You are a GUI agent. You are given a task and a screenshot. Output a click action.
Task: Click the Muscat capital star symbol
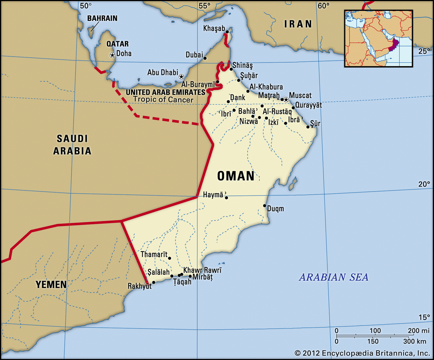pyautogui.click(x=286, y=100)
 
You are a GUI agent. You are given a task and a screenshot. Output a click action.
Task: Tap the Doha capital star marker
pyautogui.click(x=112, y=55)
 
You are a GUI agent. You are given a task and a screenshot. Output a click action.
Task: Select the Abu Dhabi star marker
pyautogui.click(x=181, y=77)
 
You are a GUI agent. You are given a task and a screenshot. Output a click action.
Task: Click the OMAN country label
pyautogui.click(x=236, y=176)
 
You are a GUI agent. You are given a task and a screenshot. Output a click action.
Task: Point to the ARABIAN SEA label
pyautogui.click(x=334, y=277)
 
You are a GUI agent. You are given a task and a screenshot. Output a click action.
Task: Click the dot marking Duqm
pyautogui.click(x=264, y=206)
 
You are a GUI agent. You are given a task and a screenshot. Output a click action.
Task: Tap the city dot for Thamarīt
pyautogui.click(x=170, y=258)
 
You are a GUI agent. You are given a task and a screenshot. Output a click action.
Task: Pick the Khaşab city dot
pyautogui.click(x=227, y=32)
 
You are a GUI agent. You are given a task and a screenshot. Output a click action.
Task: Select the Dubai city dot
pyautogui.click(x=205, y=58)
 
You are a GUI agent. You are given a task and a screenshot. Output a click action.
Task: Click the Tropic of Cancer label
pyautogui.click(x=163, y=99)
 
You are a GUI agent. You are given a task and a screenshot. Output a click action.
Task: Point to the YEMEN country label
pyautogui.click(x=51, y=285)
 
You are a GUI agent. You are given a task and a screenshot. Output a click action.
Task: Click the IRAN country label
pyautogui.click(x=298, y=24)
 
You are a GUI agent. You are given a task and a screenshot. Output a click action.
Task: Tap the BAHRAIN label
pyautogui.click(x=102, y=18)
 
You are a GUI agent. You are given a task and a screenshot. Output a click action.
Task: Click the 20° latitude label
pyautogui.click(x=424, y=184)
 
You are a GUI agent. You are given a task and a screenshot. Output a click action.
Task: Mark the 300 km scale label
pyautogui.click(x=414, y=341)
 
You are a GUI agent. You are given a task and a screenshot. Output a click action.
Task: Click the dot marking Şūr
pyautogui.click(x=308, y=127)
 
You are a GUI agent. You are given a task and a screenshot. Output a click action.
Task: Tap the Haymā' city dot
pyautogui.click(x=226, y=198)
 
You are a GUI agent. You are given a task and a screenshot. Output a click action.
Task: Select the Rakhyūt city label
pyautogui.click(x=139, y=286)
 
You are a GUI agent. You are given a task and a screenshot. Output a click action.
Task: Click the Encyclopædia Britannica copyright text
pyautogui.click(x=362, y=353)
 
